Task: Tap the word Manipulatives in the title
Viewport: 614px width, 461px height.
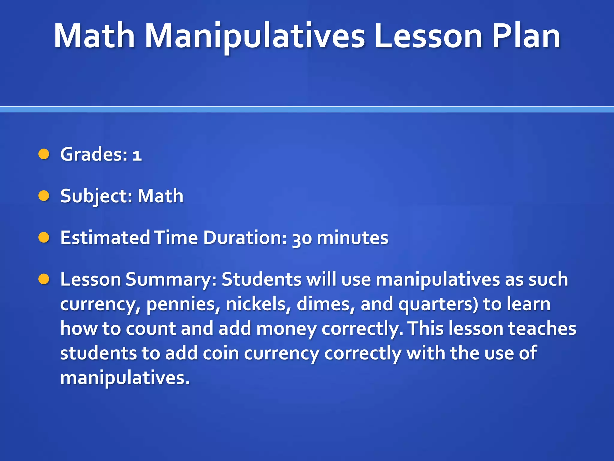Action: pyautogui.click(x=255, y=37)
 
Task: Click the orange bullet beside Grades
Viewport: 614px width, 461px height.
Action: pyautogui.click(x=44, y=154)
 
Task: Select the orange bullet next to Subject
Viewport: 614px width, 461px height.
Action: pyautogui.click(x=44, y=196)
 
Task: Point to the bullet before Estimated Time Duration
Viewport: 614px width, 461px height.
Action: pyautogui.click(x=44, y=237)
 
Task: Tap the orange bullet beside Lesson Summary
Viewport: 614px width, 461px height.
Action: pyautogui.click(x=44, y=279)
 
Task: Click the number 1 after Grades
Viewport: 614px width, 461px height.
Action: pyautogui.click(x=137, y=155)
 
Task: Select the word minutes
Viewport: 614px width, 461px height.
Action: pyautogui.click(x=353, y=238)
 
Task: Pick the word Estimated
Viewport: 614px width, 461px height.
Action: pyautogui.click(x=105, y=238)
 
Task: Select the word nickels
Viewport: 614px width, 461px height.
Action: pyautogui.click(x=258, y=304)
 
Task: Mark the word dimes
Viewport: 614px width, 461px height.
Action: pyautogui.click(x=326, y=304)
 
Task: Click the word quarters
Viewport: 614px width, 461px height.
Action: pyautogui.click(x=438, y=304)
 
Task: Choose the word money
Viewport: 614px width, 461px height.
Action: pyautogui.click(x=286, y=329)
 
